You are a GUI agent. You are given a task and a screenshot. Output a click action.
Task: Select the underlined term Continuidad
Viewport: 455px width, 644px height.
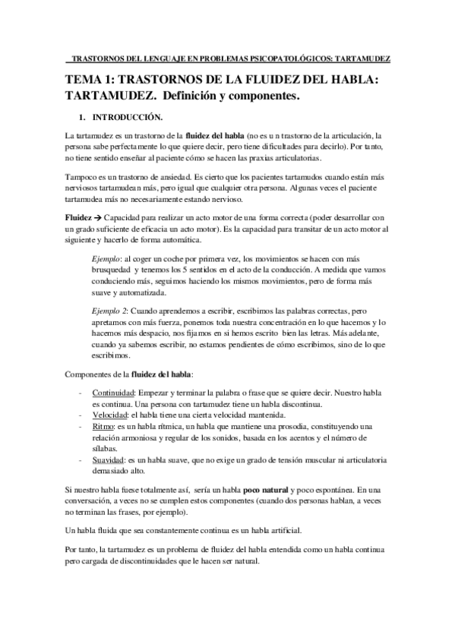coord(114,394)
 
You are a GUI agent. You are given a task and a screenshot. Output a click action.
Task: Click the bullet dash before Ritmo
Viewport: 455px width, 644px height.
coord(81,428)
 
